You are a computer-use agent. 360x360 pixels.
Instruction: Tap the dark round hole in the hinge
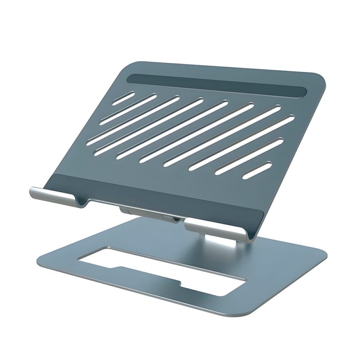(x=176, y=220)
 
